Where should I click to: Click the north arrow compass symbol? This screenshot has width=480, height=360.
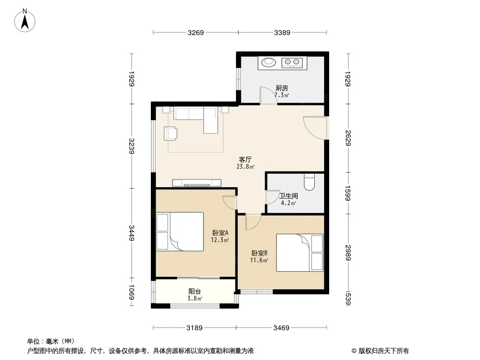[x=25, y=21]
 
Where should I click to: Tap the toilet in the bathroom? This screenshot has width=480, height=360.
[x=309, y=182]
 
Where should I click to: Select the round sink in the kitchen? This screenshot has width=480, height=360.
[x=268, y=63]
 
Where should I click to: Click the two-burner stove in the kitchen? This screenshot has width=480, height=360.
[x=292, y=63]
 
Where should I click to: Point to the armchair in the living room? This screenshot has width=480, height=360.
[x=170, y=133]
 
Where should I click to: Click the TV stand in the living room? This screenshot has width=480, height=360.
[x=196, y=183]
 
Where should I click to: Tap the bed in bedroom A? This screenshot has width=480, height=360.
[x=180, y=232]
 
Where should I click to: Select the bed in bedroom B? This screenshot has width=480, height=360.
[x=300, y=252]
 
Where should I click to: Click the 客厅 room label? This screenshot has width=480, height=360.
[x=245, y=159]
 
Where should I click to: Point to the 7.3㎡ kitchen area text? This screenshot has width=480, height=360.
[x=281, y=95]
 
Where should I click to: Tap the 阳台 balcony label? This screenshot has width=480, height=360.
[x=195, y=292]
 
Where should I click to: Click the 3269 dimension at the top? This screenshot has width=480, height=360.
[x=195, y=32]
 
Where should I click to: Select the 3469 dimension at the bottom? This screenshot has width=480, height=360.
[x=281, y=328]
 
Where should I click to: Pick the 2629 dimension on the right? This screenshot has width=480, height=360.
[x=348, y=138]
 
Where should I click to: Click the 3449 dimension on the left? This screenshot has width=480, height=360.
[x=131, y=233]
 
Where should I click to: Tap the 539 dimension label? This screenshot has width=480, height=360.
[x=348, y=299]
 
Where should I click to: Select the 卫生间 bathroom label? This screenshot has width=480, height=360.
[x=288, y=196]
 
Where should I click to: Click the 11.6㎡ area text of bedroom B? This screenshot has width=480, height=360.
[x=259, y=260]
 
